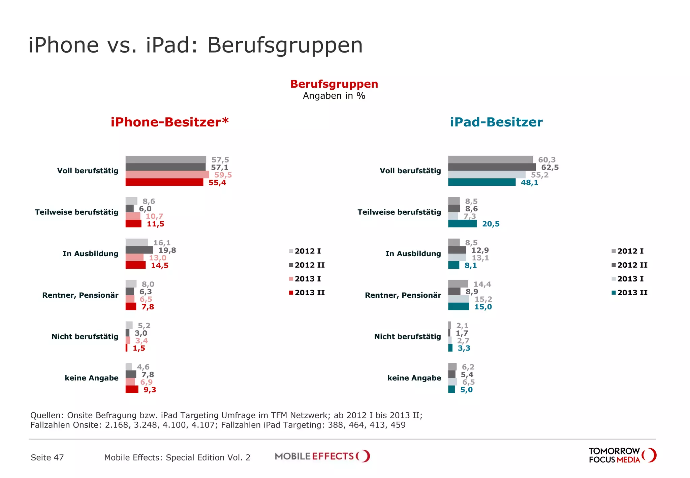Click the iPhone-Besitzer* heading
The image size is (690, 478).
(x=169, y=122)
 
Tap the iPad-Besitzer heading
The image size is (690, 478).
(x=496, y=122)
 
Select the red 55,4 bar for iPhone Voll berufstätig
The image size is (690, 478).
(x=164, y=182)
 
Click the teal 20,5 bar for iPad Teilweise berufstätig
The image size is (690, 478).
(x=462, y=224)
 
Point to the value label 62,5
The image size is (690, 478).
(x=550, y=168)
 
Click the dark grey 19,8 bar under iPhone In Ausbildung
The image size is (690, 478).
(x=139, y=250)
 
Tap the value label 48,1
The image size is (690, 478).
(x=529, y=183)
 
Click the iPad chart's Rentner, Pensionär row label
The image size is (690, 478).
(x=403, y=295)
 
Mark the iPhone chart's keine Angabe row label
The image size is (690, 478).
(x=91, y=378)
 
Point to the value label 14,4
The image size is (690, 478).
(x=482, y=285)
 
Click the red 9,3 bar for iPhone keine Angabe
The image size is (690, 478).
(x=132, y=390)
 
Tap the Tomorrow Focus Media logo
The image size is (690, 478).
(x=622, y=455)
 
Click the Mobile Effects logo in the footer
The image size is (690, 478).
(x=322, y=456)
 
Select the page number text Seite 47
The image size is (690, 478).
(x=47, y=457)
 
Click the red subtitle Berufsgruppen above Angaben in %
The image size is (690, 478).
(x=334, y=84)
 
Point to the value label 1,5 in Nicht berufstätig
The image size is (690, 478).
(x=139, y=348)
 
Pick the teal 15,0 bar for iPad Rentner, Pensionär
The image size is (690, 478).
(x=458, y=307)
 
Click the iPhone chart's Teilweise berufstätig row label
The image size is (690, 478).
(x=76, y=212)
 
